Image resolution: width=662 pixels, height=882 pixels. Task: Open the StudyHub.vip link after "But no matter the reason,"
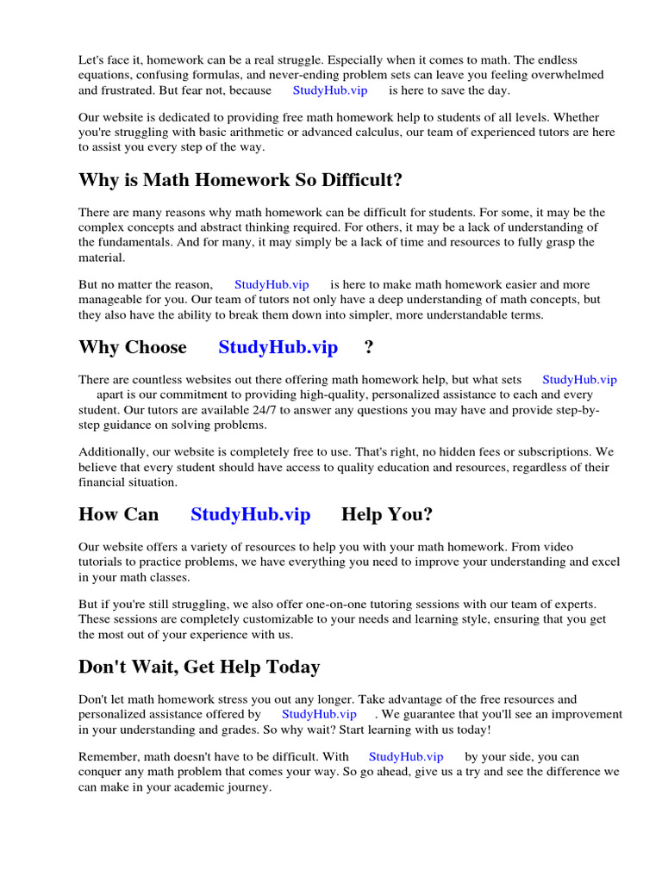pyautogui.click(x=272, y=284)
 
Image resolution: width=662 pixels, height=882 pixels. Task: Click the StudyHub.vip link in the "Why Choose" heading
pyautogui.click(x=278, y=347)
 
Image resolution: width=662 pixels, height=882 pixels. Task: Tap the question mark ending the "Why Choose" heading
pyautogui.click(x=369, y=347)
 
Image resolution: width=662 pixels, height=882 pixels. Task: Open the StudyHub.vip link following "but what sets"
pyautogui.click(x=579, y=379)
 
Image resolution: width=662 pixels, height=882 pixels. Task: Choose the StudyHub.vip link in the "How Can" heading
pyautogui.click(x=250, y=514)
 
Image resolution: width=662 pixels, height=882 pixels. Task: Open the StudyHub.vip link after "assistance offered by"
pyautogui.click(x=319, y=714)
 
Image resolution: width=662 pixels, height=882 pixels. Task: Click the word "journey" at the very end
pyautogui.click(x=249, y=787)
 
